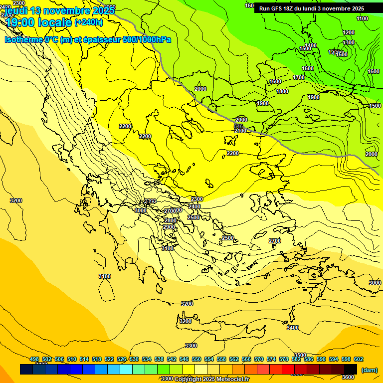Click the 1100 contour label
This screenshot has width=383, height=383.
point(363,19)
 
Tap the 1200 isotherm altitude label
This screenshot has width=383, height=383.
point(349,33)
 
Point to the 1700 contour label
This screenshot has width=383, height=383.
point(299,77)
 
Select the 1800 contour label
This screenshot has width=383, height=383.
point(282,92)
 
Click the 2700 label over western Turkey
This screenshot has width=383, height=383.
point(275,241)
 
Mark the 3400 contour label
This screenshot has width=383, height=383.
point(293,328)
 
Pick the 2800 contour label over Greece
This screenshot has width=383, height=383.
point(171,220)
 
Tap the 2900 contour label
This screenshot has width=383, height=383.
point(169,227)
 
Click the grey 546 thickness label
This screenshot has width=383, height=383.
point(239,126)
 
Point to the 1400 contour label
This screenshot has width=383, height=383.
point(311,45)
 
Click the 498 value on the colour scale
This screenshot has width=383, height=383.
point(34,359)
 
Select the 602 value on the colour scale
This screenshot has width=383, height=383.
point(358,359)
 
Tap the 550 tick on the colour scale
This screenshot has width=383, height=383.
point(196,359)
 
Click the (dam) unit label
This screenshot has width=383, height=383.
point(369,370)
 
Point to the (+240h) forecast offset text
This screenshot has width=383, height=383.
point(89,22)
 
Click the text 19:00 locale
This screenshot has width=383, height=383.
point(38,22)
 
